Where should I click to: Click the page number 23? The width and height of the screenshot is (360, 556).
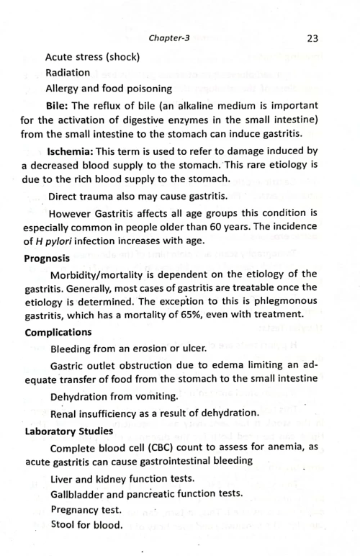[x=312, y=38]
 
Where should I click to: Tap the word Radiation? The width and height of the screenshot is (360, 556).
[x=68, y=73]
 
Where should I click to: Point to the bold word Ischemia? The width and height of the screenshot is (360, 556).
[x=73, y=151]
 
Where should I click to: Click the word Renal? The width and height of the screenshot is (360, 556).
[x=64, y=413]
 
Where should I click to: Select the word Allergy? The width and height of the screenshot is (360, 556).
[x=64, y=89]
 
